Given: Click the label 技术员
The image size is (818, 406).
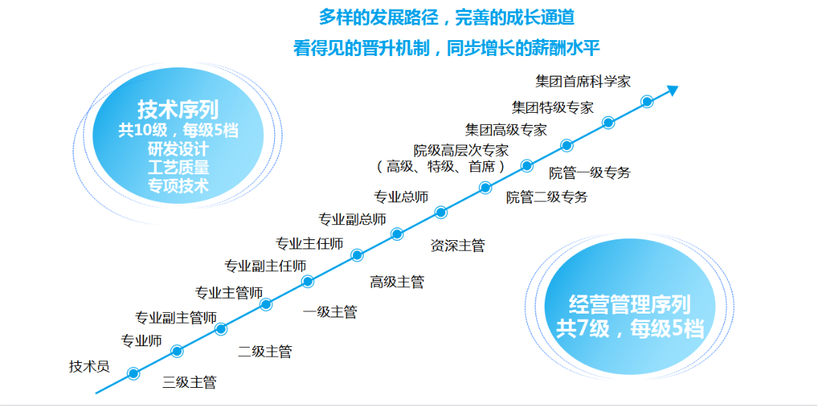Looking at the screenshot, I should [x=89, y=367].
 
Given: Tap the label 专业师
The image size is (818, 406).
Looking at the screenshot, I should [x=142, y=341].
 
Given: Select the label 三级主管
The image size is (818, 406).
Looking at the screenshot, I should [x=189, y=383].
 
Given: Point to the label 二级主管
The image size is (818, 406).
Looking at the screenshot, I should [x=264, y=351].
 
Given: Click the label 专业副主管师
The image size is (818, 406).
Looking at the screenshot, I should [x=176, y=317].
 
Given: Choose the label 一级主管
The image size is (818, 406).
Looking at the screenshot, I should [x=329, y=311].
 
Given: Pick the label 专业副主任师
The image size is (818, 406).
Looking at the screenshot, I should [x=265, y=266].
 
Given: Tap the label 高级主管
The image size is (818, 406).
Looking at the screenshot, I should [x=397, y=282].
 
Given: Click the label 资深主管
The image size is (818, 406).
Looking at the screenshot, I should [x=457, y=245].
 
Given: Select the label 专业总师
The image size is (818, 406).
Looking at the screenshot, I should [x=401, y=197].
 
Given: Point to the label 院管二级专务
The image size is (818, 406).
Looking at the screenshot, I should [x=547, y=198].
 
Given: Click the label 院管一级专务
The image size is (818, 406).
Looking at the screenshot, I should [x=589, y=173].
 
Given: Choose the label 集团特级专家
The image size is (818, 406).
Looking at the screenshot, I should [x=552, y=108].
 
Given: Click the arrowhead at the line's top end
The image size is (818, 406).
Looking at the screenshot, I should [x=671, y=90].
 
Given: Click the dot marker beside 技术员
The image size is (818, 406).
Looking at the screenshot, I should [x=133, y=373].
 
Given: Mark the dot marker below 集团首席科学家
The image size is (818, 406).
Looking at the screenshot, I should [x=647, y=101].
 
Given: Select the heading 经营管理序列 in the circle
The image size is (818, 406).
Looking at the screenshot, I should [x=629, y=305].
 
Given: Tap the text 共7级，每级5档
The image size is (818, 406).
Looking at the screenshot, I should [x=629, y=329].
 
